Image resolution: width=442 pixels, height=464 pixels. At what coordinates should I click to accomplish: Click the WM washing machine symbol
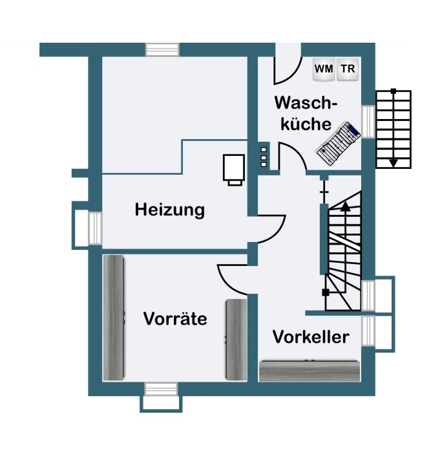(323, 69)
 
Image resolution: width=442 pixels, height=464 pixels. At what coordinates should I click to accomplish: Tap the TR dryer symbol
(348, 69)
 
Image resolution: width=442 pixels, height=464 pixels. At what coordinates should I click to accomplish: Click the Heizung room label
(169, 210)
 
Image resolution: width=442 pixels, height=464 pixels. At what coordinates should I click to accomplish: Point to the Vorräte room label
(175, 319)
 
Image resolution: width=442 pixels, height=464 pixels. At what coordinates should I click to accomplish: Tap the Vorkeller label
(310, 337)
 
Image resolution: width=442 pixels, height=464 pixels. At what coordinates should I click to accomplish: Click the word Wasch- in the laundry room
(306, 104)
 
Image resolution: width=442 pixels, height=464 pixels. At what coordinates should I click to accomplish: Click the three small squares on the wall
(263, 157)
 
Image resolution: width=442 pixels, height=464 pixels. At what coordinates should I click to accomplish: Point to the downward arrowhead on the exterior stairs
(393, 162)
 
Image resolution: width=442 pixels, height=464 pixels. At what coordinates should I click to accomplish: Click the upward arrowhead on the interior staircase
(345, 206)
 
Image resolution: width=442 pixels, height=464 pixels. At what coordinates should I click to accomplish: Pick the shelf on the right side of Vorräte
(236, 340)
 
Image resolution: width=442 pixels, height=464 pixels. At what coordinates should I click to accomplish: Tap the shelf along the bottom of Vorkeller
(309, 371)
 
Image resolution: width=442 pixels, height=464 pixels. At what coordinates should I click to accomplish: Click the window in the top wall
(162, 50)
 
